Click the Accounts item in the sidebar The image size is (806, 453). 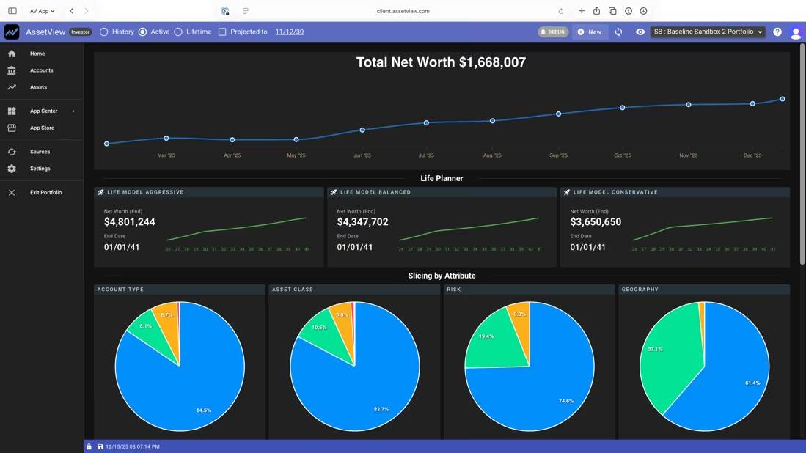click(41, 70)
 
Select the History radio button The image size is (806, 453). click(104, 32)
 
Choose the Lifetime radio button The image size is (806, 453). click(178, 32)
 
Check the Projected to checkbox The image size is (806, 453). click(222, 32)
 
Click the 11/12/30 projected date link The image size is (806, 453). click(289, 32)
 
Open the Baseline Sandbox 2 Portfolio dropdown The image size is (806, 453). click(708, 32)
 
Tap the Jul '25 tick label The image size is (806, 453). click(426, 155)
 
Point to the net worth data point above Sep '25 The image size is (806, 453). click(559, 114)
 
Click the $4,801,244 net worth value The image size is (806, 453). click(130, 222)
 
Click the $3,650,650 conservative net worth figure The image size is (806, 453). click(596, 222)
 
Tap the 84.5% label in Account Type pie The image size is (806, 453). click(204, 410)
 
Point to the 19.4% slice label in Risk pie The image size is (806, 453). click(486, 336)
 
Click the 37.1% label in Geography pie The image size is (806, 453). click(655, 349)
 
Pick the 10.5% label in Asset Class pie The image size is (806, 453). click(319, 328)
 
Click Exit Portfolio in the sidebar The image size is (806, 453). click(45, 192)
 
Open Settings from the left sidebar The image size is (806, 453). click(40, 169)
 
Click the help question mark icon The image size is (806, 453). click(777, 32)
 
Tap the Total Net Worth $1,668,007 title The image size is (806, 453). click(441, 62)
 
